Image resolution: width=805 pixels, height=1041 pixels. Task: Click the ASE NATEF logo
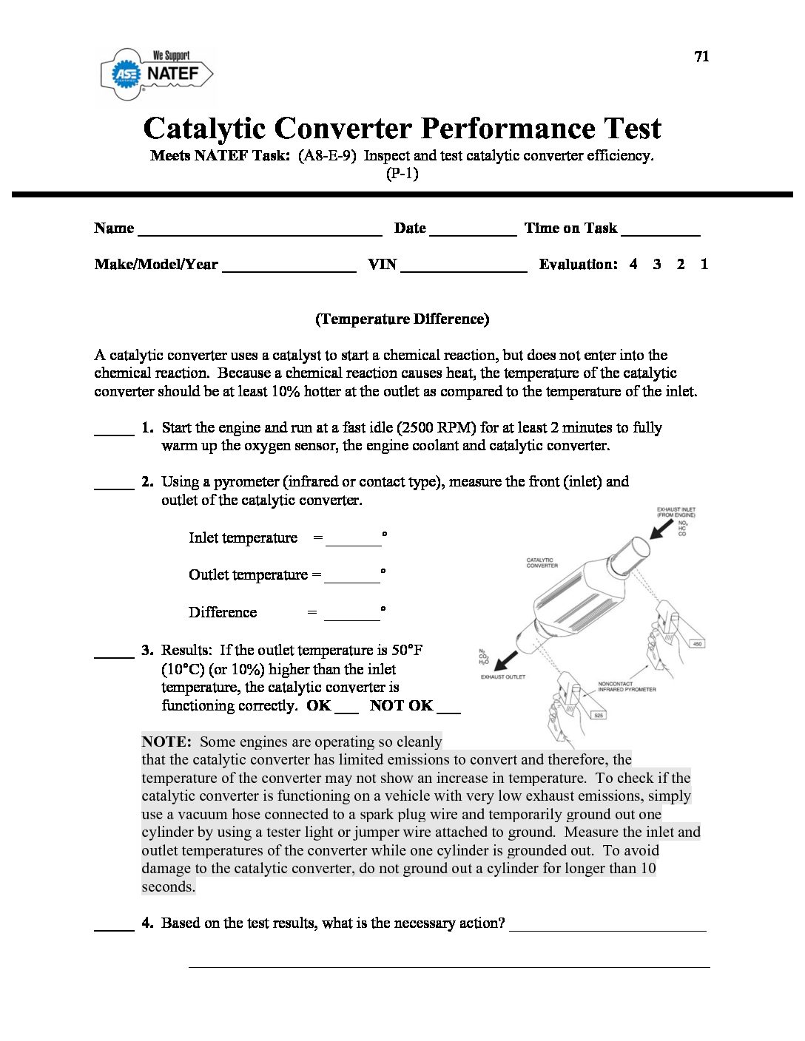point(157,73)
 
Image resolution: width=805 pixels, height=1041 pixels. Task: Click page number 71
point(701,56)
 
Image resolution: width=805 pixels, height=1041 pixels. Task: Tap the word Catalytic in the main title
point(204,128)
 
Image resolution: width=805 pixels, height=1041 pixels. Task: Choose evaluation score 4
point(633,264)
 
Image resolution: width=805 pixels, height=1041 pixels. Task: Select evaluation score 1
point(704,264)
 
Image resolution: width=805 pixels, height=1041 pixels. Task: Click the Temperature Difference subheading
point(402,319)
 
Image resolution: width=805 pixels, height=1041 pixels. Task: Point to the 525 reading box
point(599,715)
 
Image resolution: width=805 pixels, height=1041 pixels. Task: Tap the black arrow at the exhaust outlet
point(506,659)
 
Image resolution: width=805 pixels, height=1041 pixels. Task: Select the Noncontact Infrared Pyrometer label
point(626,687)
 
